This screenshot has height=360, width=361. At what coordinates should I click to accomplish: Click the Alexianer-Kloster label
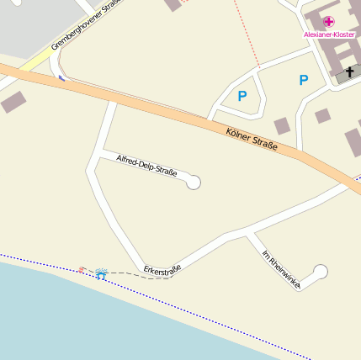point(329,34)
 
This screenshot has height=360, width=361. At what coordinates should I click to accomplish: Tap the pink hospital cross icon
point(328,22)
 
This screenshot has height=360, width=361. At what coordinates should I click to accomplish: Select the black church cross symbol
point(349,74)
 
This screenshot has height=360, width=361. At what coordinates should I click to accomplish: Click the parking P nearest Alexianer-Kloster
point(304,80)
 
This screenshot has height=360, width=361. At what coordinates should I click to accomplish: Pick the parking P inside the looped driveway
point(242,96)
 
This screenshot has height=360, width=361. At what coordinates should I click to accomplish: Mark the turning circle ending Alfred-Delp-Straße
point(194,182)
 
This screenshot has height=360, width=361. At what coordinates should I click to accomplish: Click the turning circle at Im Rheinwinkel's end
point(320,271)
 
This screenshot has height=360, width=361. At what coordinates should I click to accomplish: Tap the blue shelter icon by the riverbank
point(101,273)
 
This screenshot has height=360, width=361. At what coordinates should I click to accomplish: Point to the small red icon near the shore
point(82,270)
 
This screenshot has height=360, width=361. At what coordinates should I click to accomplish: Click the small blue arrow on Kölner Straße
point(61,78)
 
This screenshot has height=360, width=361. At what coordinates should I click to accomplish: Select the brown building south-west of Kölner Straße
point(13,103)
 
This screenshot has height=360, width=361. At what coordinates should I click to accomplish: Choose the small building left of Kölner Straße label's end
point(282,125)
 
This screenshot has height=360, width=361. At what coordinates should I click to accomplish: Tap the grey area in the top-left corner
point(34,21)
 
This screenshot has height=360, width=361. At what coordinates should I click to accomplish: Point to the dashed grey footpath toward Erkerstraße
point(135,273)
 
